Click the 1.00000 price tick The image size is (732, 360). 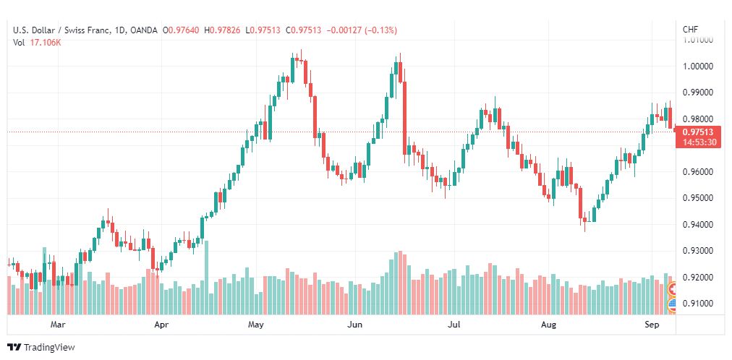(x=697, y=67)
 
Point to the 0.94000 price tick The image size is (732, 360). (x=697, y=225)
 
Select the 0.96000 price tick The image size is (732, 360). (x=697, y=172)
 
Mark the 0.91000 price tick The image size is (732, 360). (x=697, y=304)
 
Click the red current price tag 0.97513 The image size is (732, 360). (x=698, y=132)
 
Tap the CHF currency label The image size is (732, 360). (x=691, y=30)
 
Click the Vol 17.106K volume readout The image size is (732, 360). (x=37, y=43)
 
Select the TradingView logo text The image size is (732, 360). (x=49, y=348)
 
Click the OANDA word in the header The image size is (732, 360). (x=144, y=30)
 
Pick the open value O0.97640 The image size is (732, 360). (x=181, y=30)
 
